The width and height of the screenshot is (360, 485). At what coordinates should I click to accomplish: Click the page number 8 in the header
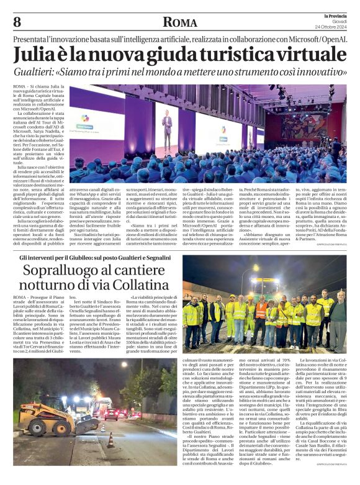coord(17,22)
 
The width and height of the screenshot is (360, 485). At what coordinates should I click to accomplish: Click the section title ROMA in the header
coord(179,22)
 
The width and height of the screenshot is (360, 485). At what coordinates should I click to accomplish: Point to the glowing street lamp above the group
coord(254,268)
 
